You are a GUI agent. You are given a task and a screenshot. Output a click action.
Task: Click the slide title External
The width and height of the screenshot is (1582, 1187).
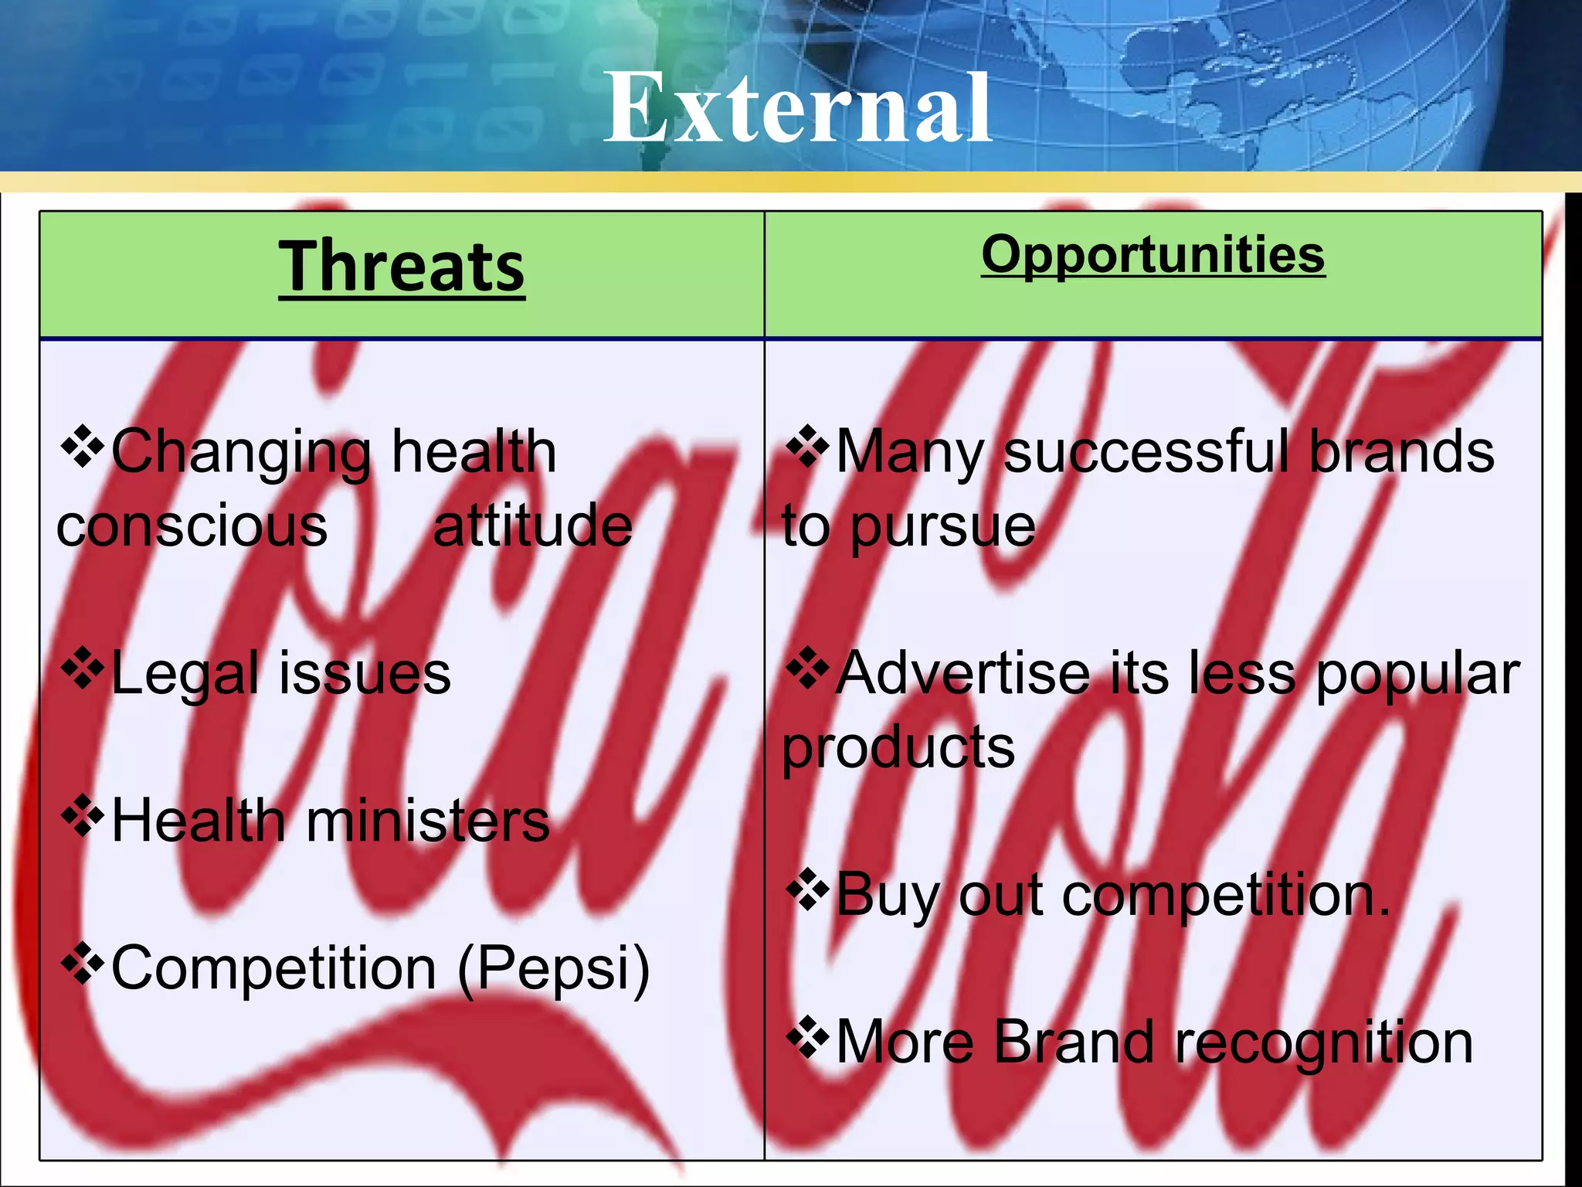click(797, 108)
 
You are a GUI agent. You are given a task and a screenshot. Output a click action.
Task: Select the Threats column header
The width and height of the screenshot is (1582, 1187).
click(402, 267)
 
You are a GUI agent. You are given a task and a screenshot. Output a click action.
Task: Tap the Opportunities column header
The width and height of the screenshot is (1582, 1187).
click(1153, 255)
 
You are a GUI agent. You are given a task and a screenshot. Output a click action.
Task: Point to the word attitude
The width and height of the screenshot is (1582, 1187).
click(532, 525)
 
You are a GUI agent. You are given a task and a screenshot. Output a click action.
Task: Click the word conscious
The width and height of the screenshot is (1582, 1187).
click(192, 525)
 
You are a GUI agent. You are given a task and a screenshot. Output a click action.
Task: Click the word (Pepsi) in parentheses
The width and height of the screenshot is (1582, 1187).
click(553, 969)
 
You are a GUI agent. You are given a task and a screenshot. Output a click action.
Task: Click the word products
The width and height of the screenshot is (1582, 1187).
click(898, 748)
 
